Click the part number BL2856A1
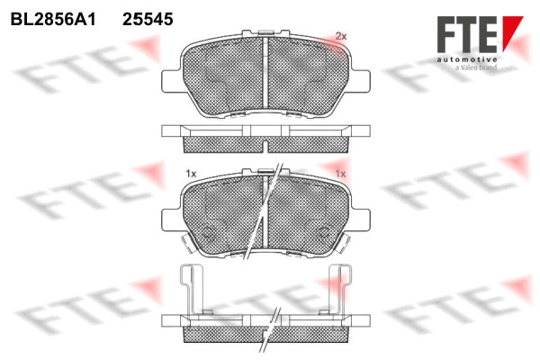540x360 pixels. [53, 20]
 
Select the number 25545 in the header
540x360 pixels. [148, 20]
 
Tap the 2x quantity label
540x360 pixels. [341, 36]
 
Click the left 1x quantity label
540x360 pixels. [191, 174]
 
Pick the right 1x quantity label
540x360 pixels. [340, 174]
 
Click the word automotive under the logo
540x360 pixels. [467, 60]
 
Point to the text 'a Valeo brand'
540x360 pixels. [476, 67]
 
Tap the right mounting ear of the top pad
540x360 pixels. [361, 81]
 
